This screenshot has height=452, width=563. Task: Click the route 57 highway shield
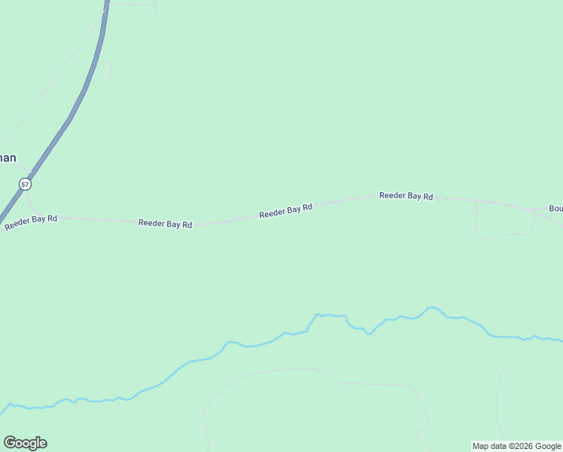pyautogui.click(x=26, y=184)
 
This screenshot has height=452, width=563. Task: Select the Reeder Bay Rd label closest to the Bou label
pyautogui.click(x=406, y=196)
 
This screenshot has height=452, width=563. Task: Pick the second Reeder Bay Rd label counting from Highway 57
pyautogui.click(x=165, y=224)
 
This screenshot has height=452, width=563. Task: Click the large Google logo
pyautogui.click(x=25, y=443)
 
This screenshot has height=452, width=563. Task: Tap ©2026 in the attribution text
pyautogui.click(x=522, y=446)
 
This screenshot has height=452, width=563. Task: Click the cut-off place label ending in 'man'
pyautogui.click(x=7, y=158)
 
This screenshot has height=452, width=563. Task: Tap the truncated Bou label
pyautogui.click(x=555, y=209)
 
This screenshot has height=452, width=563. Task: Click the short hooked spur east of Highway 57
pyautogui.click(x=110, y=69)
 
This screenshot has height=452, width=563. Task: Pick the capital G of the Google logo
pyautogui.click(x=10, y=443)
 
